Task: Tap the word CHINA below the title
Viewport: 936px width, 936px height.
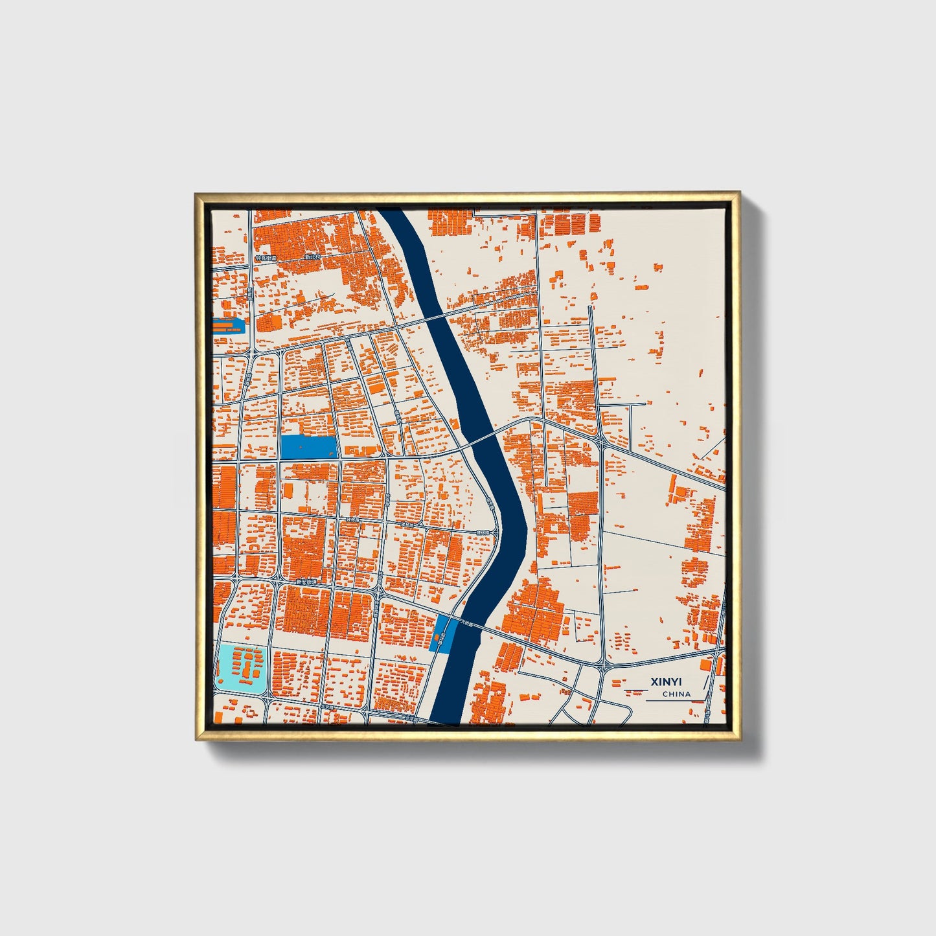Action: click(x=676, y=694)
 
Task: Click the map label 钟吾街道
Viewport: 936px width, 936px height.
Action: click(x=266, y=258)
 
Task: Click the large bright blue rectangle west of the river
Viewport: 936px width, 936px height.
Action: click(x=308, y=447)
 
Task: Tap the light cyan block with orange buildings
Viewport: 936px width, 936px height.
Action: click(x=241, y=667)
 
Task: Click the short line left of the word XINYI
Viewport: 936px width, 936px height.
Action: click(x=634, y=682)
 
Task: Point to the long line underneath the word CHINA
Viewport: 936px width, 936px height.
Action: click(x=674, y=701)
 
